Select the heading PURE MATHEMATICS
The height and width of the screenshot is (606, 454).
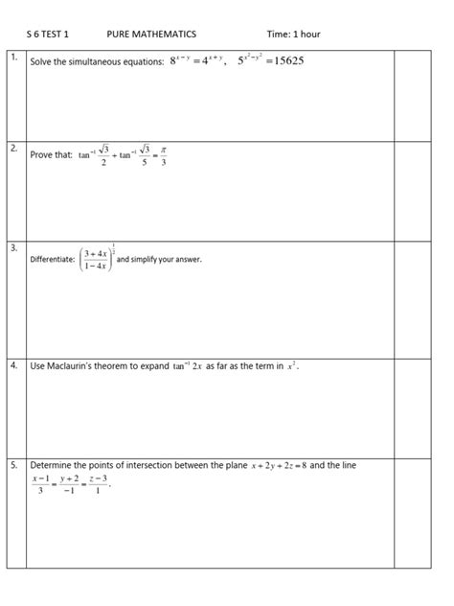151,35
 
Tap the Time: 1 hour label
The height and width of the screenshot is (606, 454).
293,35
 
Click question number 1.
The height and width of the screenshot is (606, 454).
14,59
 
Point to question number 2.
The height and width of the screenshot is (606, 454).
14,150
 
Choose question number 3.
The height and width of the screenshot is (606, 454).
14,248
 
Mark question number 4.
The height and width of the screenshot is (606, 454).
14,365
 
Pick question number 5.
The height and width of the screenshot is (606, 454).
14,465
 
